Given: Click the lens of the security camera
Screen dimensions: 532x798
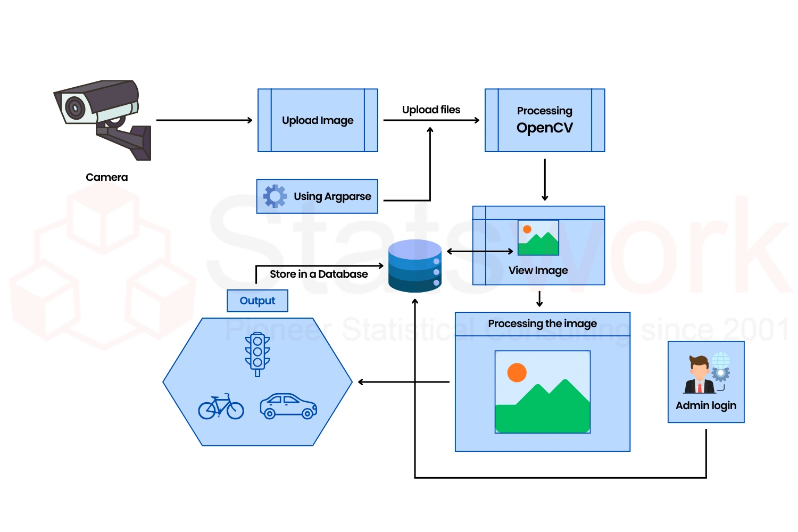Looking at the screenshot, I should [75, 108].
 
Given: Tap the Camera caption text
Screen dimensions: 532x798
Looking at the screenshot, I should [106, 177].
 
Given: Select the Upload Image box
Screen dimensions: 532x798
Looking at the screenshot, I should [318, 120].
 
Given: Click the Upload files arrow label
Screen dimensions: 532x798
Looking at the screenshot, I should [431, 110].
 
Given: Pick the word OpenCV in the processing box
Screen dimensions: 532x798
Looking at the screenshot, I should [544, 128].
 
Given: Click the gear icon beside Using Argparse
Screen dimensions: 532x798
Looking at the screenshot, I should [275, 196].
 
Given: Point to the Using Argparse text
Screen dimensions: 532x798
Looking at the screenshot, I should [332, 196].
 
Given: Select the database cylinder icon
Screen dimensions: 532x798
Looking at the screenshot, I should [415, 266].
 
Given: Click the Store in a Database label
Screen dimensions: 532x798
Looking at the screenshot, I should [319, 274].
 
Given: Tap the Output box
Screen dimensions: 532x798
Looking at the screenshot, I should [257, 301].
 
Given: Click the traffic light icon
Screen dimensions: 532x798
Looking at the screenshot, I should [257, 353].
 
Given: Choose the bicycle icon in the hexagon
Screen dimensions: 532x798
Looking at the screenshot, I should [221, 407].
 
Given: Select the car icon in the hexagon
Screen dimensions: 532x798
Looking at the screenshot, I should [288, 406].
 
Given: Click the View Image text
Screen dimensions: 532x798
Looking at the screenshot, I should [538, 270].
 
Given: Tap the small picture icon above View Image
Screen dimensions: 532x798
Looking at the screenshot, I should [538, 238].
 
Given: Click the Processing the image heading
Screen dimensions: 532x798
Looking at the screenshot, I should [542, 323].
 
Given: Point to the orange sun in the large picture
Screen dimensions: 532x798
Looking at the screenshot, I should [517, 372].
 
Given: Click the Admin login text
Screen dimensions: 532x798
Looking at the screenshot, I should [706, 405].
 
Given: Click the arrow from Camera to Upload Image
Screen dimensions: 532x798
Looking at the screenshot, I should [204, 120].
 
